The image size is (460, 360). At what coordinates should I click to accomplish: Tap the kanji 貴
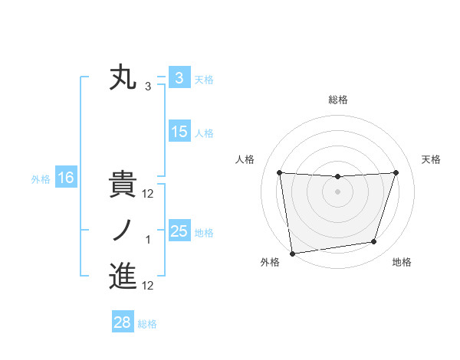pos(123,185)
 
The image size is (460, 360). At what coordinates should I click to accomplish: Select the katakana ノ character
pos(123,231)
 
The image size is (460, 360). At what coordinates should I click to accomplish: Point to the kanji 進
pos(123,277)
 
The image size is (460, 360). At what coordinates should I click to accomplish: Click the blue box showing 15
pos(179,132)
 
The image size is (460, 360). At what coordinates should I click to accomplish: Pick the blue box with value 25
pos(179,231)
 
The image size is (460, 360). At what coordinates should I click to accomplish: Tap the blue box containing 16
pos(66,178)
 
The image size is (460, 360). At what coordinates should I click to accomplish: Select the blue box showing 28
pos(122,322)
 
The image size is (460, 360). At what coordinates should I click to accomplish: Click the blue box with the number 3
pos(179,77)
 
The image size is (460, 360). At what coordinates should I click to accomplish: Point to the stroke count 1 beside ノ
pos(148,241)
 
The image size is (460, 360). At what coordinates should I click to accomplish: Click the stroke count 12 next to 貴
pos(148,195)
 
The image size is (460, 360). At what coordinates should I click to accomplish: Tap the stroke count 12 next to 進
pos(148,286)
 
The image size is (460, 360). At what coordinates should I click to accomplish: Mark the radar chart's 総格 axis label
pos(337,100)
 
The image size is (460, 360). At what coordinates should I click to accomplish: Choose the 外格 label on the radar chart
pos(270,262)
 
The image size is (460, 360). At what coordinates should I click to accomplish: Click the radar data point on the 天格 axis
pos(396,172)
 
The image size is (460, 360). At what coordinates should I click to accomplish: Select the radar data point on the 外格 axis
pos(292,253)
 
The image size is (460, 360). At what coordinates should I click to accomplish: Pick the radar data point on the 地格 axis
pos(374,242)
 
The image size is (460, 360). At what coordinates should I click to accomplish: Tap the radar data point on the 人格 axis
pos(279,172)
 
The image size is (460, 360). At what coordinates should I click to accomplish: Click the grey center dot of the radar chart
pos(337,191)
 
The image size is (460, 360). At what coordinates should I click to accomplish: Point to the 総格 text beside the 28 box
pos(147,324)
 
